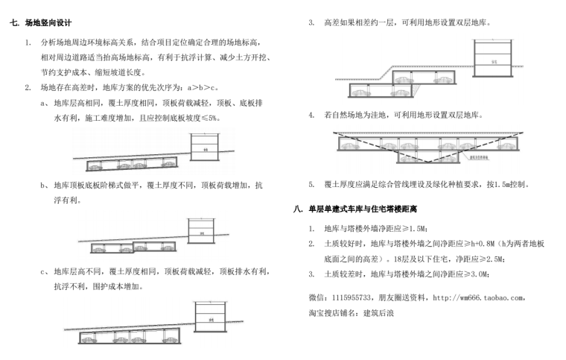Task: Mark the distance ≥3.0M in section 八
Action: coord(471,274)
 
